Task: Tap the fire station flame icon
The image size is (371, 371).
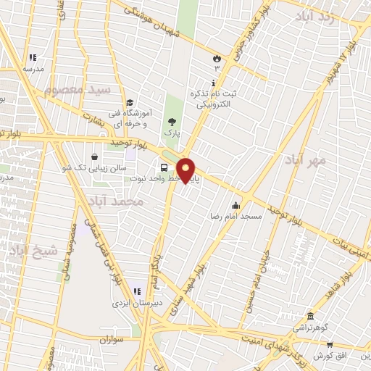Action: click(216, 57)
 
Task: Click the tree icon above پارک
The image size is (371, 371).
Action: click(172, 122)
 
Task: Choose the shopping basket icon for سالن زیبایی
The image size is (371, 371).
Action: click(95, 157)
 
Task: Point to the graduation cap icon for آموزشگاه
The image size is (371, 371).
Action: click(130, 103)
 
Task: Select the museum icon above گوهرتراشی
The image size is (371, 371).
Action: click(310, 317)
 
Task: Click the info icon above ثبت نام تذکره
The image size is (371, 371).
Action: click(213, 83)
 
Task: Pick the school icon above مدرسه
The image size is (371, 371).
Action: click(32, 57)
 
